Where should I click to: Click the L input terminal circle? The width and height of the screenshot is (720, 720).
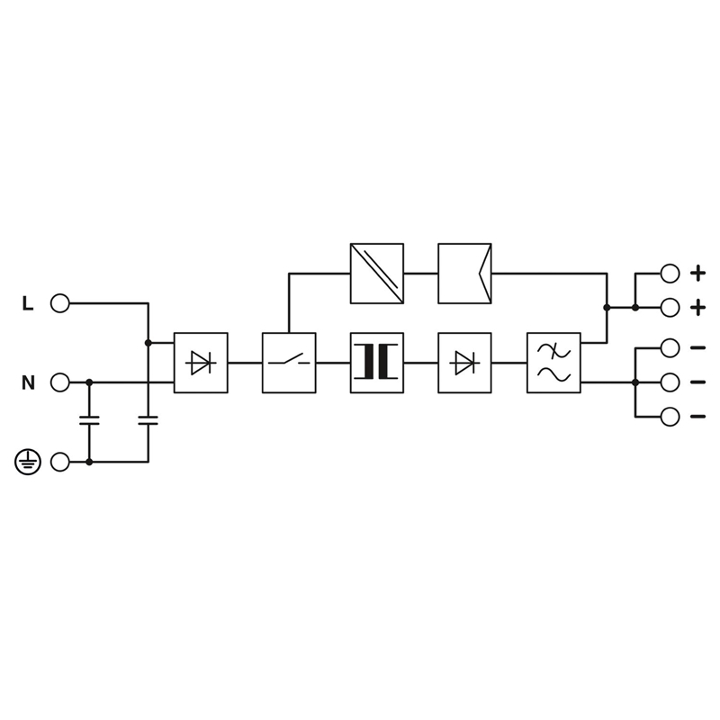(x=59, y=303)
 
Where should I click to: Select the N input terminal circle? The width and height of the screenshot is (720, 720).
(x=59, y=382)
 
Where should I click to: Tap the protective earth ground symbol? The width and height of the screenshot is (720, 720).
(x=28, y=462)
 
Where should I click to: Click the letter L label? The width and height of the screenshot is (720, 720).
(x=28, y=303)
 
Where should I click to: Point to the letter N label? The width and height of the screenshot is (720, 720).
(x=28, y=382)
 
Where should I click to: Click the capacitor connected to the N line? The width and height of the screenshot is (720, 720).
(x=89, y=420)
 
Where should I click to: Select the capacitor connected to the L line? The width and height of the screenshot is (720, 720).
(x=148, y=420)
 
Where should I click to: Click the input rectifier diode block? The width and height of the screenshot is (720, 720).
(x=201, y=363)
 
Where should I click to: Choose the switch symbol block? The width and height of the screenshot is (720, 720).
(x=289, y=363)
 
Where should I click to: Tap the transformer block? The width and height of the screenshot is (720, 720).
(x=377, y=363)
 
